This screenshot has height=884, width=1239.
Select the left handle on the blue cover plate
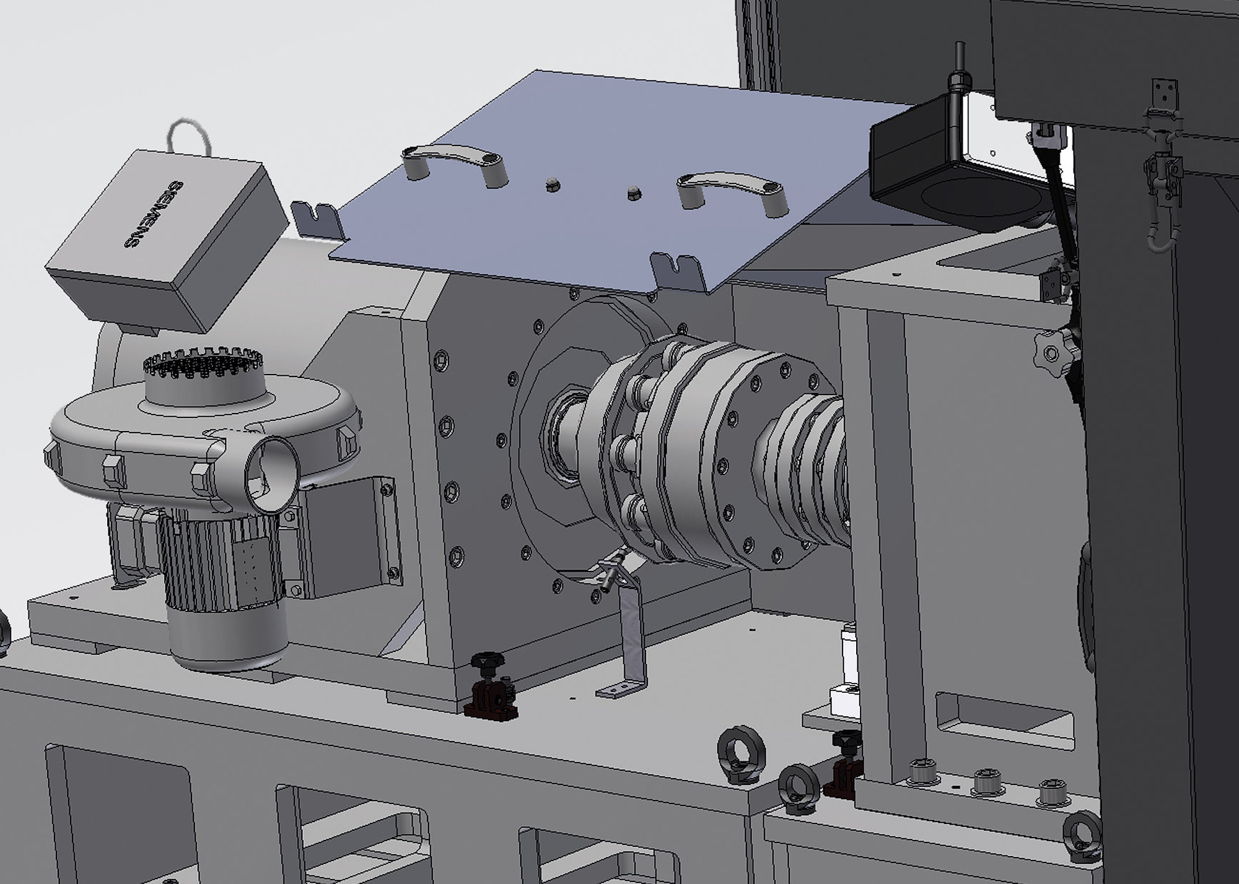455,163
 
